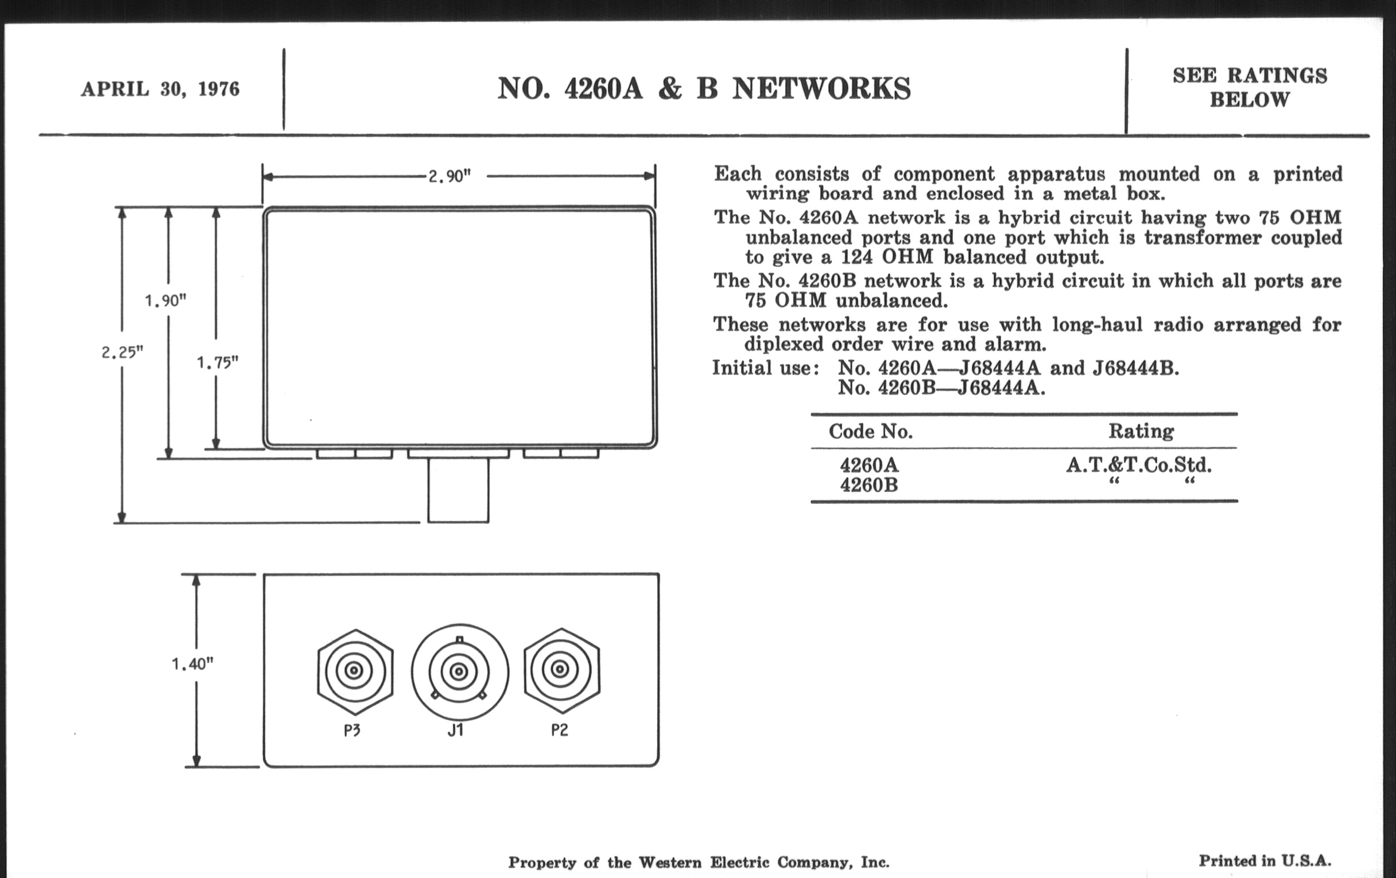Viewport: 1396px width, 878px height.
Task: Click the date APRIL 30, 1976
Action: pos(160,90)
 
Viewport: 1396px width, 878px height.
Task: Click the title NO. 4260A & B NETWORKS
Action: pos(704,89)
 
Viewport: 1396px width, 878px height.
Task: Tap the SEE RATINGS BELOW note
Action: pos(1249,87)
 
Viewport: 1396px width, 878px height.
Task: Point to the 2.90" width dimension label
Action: pos(449,176)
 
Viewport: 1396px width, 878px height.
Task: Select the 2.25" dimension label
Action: pos(122,352)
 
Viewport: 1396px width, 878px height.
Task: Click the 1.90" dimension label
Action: pos(165,300)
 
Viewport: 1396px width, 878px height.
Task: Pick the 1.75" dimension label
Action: pos(218,362)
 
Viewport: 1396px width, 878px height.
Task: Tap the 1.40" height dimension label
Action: pos(192,663)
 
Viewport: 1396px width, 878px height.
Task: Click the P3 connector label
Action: pos(352,730)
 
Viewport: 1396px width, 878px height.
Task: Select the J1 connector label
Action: pos(456,730)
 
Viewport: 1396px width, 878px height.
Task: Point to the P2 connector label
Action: pos(560,730)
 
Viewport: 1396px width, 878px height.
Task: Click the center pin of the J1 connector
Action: pos(459,671)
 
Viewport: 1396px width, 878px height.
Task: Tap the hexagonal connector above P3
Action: pos(355,671)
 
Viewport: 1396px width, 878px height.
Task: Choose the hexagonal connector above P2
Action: pos(562,670)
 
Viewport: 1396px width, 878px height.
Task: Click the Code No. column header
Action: pos(870,431)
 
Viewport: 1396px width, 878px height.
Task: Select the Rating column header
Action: pos(1141,431)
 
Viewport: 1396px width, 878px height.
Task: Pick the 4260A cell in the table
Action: pos(869,465)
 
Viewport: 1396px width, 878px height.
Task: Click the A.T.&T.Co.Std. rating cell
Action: pos(1139,464)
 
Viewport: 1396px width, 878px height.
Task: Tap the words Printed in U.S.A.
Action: pos(1265,861)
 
